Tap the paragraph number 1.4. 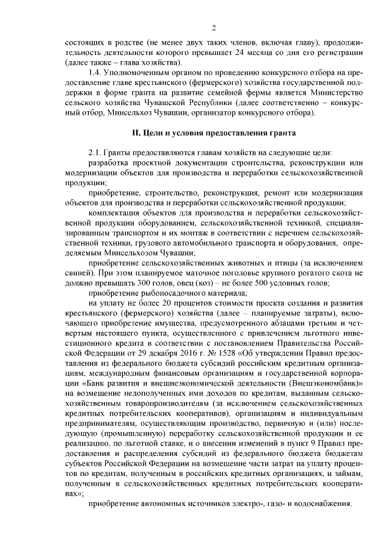point(97,73)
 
